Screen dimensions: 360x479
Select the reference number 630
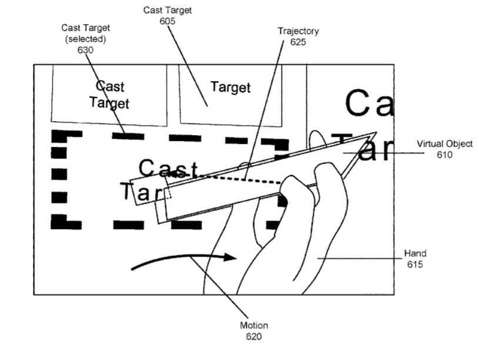(85, 50)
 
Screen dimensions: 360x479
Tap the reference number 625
(298, 42)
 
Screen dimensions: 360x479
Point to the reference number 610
(444, 154)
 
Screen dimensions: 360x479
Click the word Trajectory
(298, 31)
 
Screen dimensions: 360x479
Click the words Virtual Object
(444, 144)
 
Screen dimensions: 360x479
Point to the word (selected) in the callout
(85, 39)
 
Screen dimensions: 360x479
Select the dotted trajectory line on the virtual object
(241, 179)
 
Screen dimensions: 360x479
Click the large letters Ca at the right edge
(368, 103)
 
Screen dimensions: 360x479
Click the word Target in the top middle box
(230, 88)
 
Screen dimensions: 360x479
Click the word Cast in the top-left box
(110, 87)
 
